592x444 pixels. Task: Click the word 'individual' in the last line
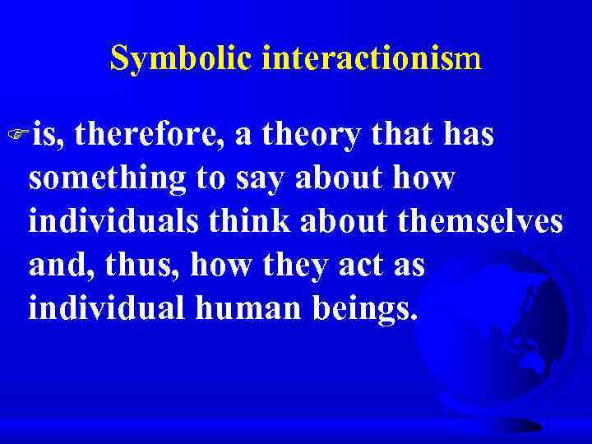[x=98, y=310]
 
